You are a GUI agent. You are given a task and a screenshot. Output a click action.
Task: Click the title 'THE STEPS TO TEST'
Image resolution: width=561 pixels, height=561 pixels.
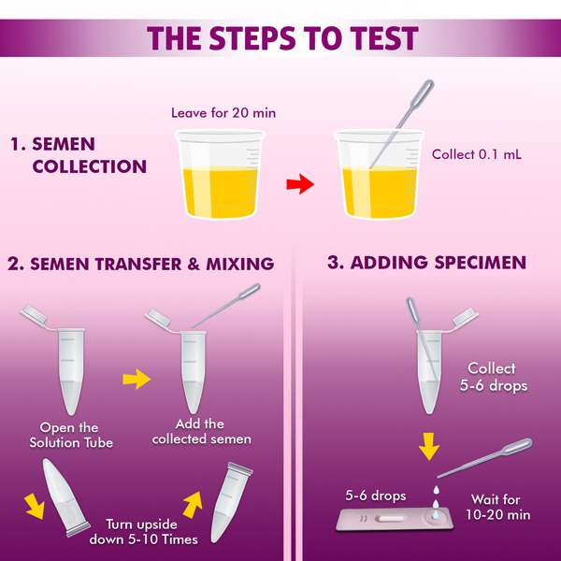click(282, 38)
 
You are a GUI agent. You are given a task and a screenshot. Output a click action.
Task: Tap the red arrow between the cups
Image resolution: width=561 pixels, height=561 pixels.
click(300, 184)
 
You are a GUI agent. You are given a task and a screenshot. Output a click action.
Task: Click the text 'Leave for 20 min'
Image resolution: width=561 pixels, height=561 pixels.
click(223, 113)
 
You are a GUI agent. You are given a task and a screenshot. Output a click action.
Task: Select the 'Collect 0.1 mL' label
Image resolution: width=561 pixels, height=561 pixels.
click(477, 154)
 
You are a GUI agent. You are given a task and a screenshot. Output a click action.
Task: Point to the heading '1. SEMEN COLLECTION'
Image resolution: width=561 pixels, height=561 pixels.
click(79, 155)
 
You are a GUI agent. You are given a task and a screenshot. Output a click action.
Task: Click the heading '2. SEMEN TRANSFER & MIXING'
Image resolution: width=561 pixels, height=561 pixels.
click(140, 264)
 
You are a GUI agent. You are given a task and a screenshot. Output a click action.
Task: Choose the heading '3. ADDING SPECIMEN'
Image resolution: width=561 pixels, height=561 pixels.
click(427, 263)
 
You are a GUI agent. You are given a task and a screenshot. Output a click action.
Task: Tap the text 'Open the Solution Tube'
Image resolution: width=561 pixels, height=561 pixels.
click(71, 435)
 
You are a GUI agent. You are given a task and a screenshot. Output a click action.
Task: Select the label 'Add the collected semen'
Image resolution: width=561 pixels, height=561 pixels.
click(201, 431)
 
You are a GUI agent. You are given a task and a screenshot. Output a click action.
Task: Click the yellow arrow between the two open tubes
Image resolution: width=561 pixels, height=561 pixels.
click(137, 379)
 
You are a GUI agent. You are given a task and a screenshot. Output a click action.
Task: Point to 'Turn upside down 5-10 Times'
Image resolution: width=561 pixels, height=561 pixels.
click(143, 532)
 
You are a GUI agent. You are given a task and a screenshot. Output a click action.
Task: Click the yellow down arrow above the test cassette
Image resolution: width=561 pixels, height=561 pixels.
click(428, 446)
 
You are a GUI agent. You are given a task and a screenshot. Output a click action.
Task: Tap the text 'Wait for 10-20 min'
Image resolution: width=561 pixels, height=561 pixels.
click(497, 507)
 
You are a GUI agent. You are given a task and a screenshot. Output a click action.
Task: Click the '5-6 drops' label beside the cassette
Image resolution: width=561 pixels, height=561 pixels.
click(376, 496)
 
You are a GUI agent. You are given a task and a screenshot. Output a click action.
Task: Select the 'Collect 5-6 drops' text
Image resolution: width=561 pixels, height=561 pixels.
click(493, 377)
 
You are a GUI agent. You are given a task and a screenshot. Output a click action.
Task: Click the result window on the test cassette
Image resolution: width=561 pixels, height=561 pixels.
click(390, 518)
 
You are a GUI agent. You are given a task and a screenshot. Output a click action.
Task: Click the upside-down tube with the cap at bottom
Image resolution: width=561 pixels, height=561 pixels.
click(65, 497)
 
